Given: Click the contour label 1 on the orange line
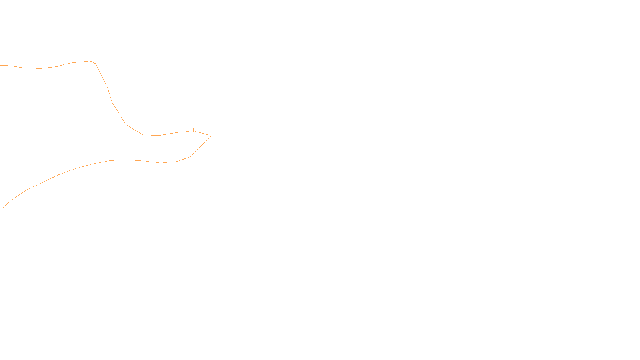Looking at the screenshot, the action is pos(193,130).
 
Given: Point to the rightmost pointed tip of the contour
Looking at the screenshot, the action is pos(211,136).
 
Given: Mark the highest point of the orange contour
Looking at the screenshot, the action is pos(90,61).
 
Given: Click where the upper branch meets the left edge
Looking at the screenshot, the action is pos(1,65).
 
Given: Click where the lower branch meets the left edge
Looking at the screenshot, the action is pos(1,209).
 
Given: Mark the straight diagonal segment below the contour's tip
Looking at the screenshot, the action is pos(201,146).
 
